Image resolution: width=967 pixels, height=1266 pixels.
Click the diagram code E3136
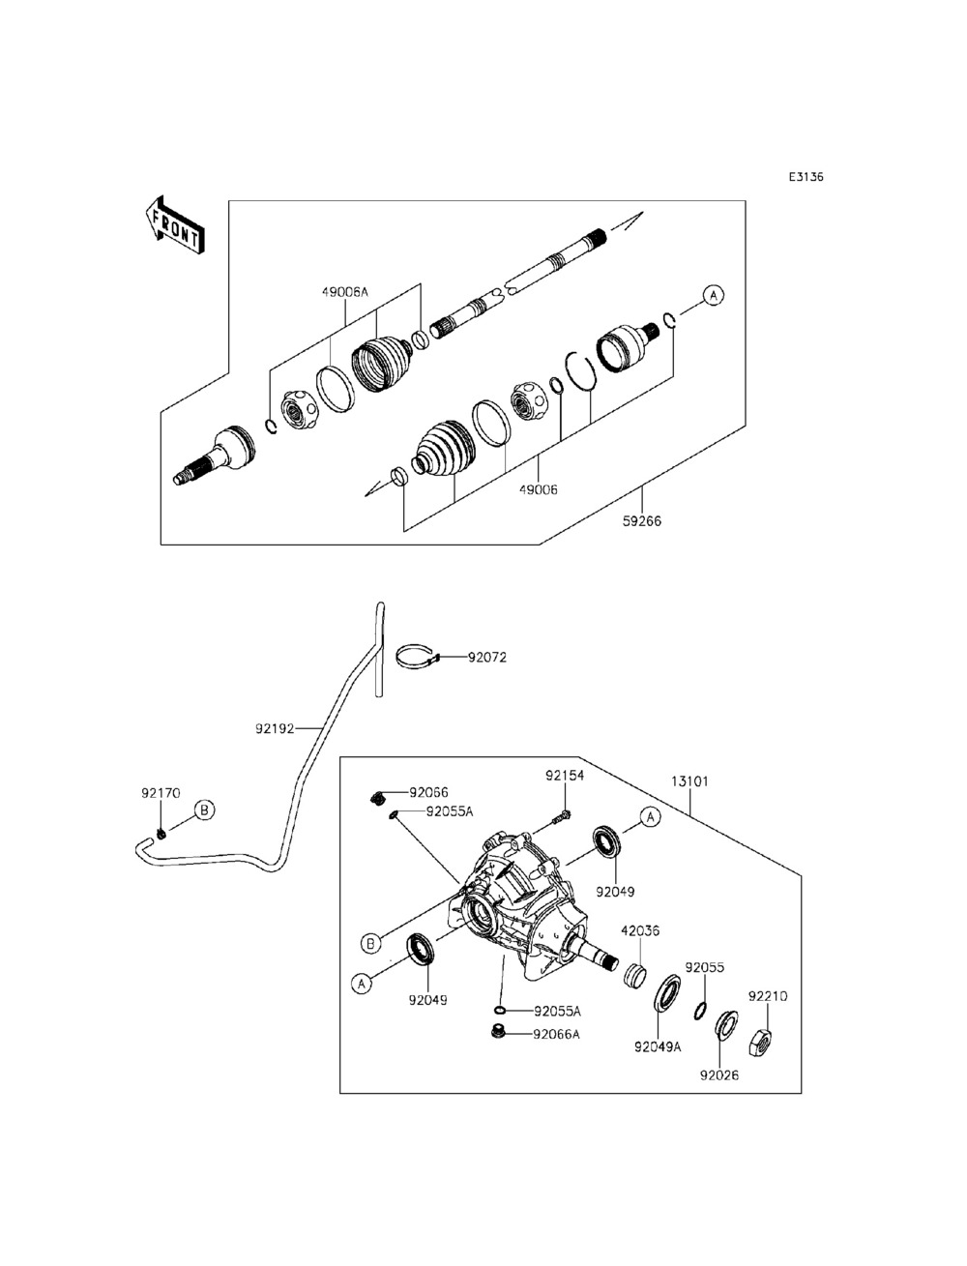click(805, 177)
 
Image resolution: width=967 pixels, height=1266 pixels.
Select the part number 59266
click(642, 521)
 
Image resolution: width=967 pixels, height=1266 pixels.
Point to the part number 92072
click(487, 657)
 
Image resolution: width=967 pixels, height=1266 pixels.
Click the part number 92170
click(161, 792)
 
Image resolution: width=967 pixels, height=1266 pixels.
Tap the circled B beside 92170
click(204, 810)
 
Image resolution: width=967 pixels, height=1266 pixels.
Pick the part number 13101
click(689, 780)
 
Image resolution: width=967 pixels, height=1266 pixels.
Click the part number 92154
click(565, 776)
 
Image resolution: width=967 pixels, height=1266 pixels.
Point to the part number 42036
click(640, 931)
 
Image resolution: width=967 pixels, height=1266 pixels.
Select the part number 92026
click(719, 1075)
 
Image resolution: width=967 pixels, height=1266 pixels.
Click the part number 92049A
click(658, 1046)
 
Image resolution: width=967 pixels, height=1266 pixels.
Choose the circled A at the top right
click(713, 294)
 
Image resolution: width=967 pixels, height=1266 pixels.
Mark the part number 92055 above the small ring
click(705, 967)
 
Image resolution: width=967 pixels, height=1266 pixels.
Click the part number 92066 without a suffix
click(428, 793)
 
